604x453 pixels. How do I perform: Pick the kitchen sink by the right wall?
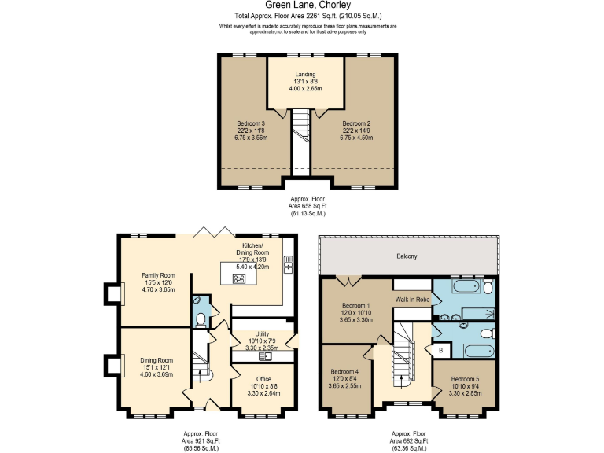tap(288, 268)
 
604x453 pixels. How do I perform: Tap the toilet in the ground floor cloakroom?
tap(201, 319)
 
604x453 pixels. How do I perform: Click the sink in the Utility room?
tap(266, 356)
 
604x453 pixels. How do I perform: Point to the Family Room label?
tap(156, 282)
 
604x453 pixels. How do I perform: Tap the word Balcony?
tap(407, 256)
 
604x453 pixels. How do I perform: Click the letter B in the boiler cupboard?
tap(440, 349)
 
